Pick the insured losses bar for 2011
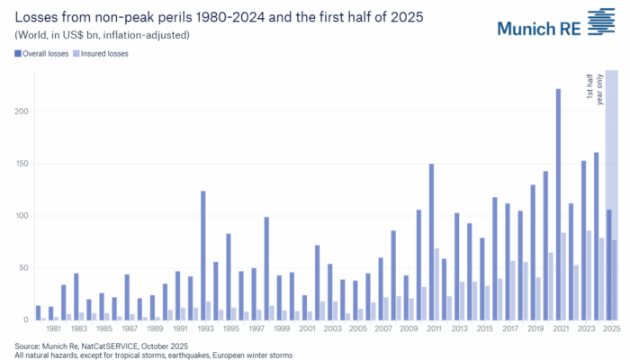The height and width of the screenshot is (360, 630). pos(437,284)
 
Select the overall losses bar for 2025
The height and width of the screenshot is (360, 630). pos(608,265)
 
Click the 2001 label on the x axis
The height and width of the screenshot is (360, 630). pos(308,329)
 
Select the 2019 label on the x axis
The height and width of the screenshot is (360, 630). pos(535,329)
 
